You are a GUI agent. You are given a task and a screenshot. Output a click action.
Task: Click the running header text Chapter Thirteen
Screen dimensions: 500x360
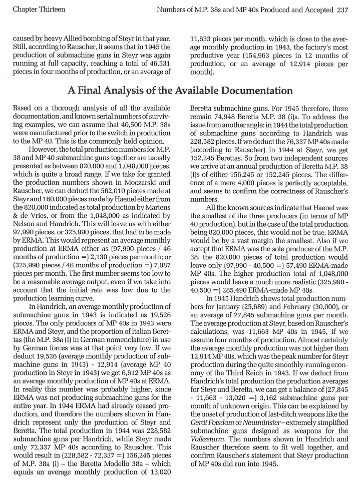(37, 9)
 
